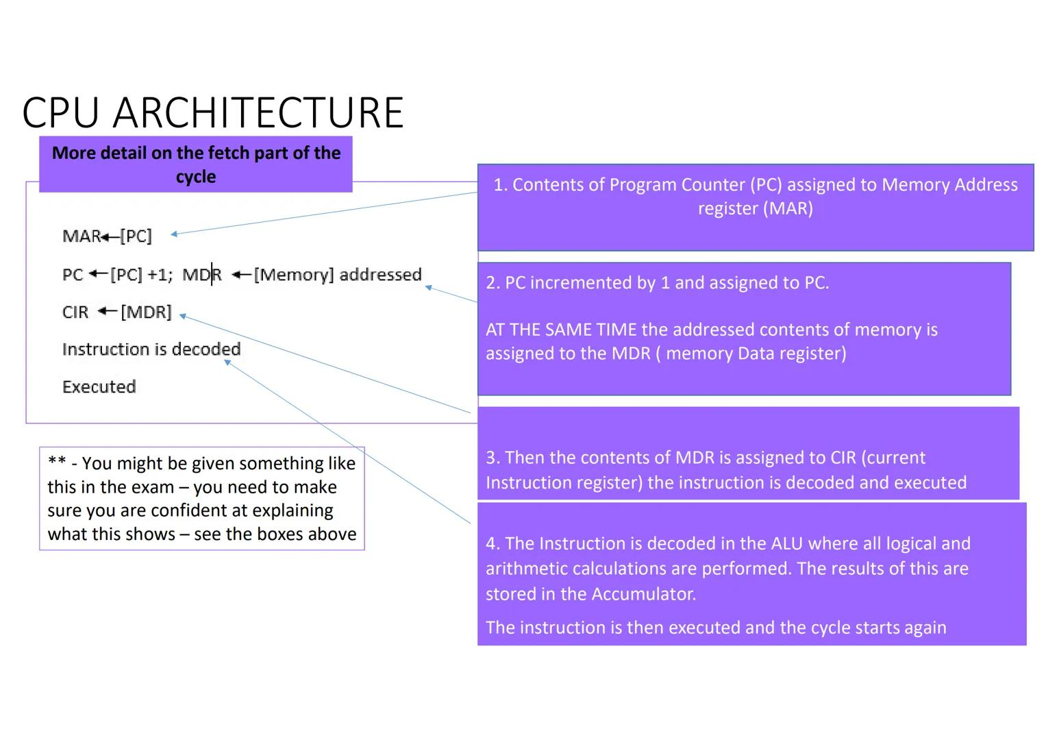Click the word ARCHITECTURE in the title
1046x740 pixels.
point(258,113)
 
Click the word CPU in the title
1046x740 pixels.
point(61,113)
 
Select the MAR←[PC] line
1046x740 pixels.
point(107,236)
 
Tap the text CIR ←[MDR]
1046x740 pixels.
point(116,312)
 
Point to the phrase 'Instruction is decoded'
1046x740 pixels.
point(151,349)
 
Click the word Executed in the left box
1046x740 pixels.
point(99,387)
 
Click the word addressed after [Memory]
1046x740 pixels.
point(380,275)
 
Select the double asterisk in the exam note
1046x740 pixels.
point(57,463)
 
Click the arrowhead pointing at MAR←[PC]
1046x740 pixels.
point(174,234)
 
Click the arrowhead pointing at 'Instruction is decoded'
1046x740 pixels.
point(227,362)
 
